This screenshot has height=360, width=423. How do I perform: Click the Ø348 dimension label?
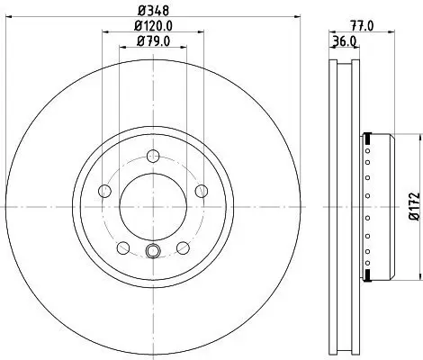click(151, 12)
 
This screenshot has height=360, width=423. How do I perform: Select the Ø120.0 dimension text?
click(151, 26)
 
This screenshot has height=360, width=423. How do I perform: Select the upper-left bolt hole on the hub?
click(103, 190)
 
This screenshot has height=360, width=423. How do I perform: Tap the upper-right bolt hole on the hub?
click(199, 190)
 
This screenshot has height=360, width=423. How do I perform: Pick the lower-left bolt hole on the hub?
click(121, 246)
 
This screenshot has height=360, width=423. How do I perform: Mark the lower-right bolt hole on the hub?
click(181, 246)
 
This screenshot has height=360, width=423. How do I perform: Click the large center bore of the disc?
click(151, 205)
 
